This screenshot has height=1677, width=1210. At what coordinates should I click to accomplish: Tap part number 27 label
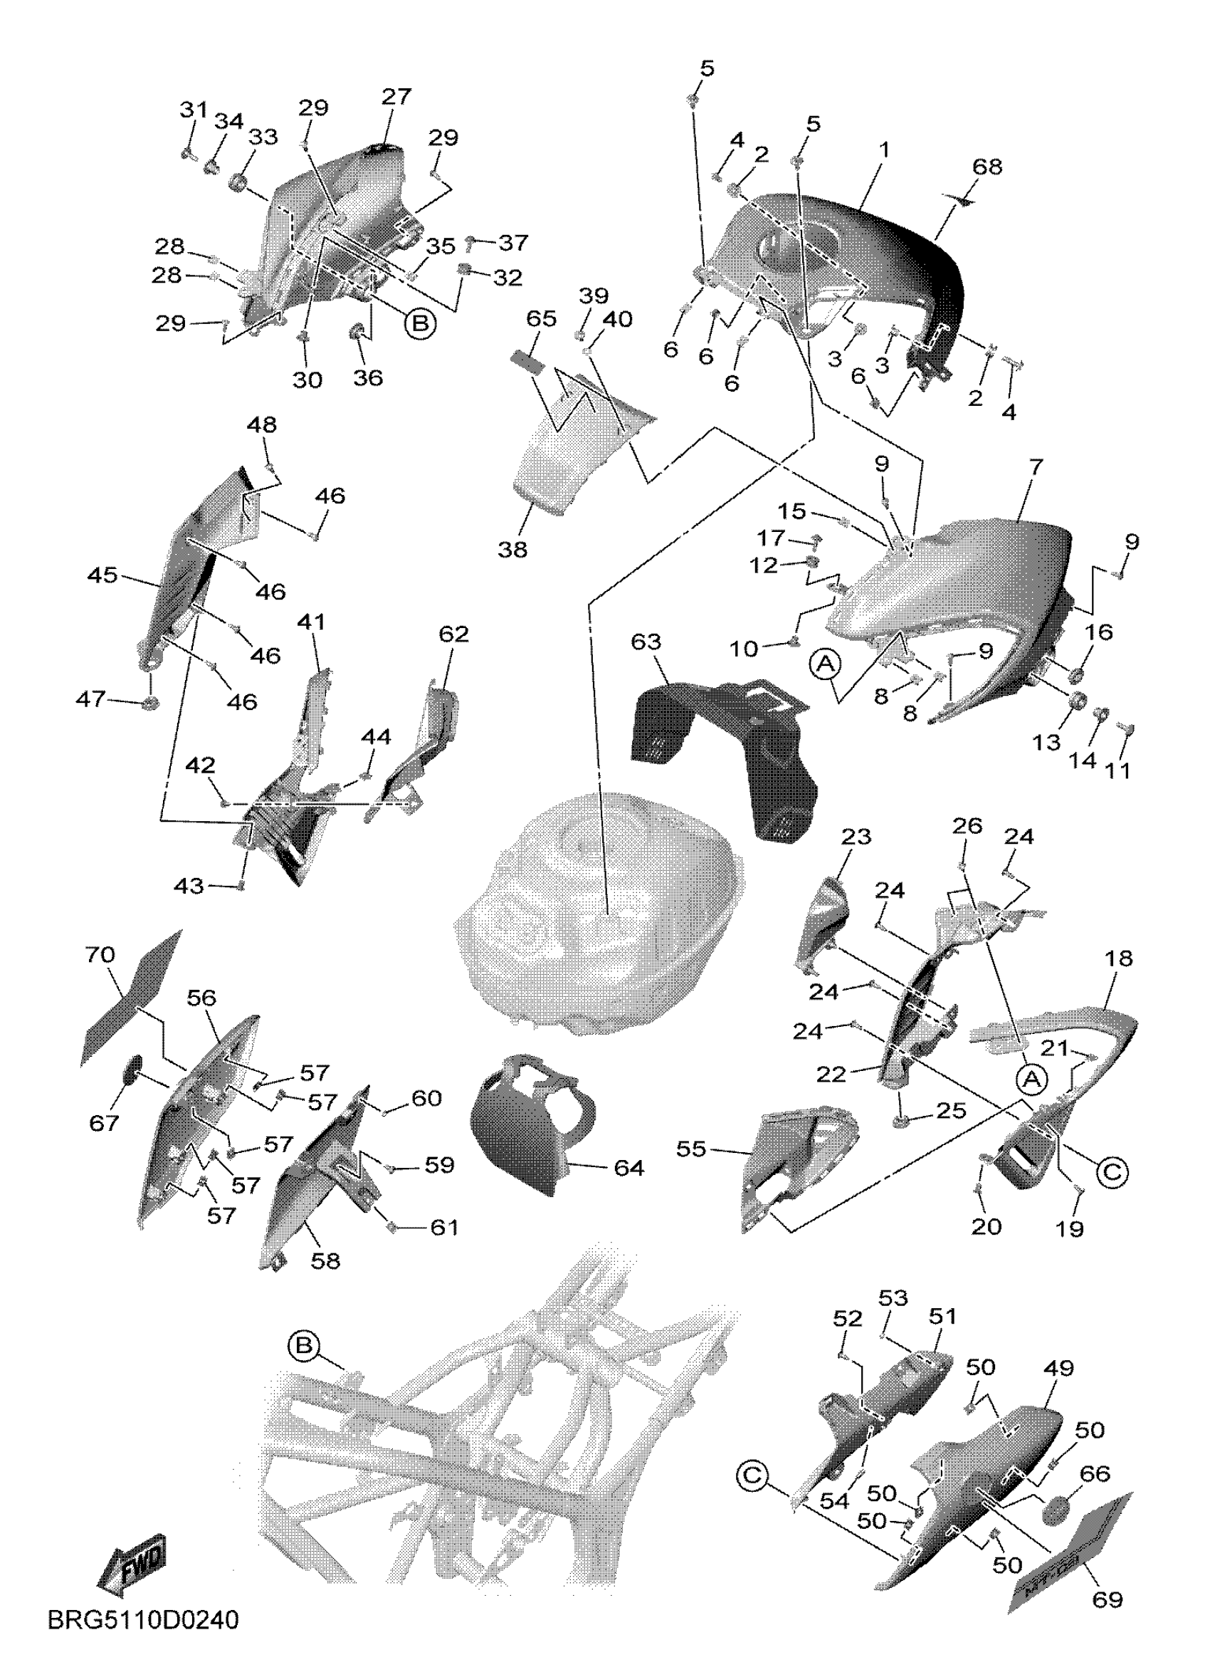pos(396,97)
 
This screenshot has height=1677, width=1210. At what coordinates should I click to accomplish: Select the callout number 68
pos(987,167)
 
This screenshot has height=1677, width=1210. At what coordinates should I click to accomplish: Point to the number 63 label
pos(646,642)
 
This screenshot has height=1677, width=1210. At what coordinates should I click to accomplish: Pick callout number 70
pos(100,956)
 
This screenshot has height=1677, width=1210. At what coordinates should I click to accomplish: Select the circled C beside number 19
pos(1112,1171)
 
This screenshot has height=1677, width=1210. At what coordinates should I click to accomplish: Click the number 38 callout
pos(512,550)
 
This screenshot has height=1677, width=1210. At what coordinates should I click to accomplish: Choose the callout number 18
pos(1120,959)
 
